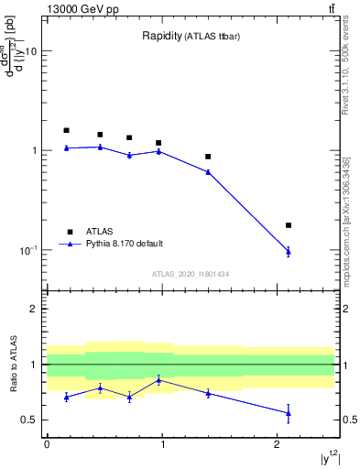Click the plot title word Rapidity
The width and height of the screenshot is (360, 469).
coord(161,37)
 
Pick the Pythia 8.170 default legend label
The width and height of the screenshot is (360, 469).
coord(124,244)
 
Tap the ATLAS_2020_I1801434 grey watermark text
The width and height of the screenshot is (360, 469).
coord(190,274)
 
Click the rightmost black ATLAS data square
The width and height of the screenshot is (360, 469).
coord(289,225)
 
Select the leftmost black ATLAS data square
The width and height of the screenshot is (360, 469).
coord(66,130)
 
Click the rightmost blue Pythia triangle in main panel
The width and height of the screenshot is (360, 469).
coord(289,251)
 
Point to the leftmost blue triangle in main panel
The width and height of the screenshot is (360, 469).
coord(66,147)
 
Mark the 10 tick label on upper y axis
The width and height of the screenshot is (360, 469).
coord(30,52)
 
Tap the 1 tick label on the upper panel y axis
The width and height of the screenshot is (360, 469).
coord(34,151)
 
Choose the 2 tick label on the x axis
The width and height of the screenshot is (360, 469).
coord(278,445)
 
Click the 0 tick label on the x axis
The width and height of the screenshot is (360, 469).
coord(47,445)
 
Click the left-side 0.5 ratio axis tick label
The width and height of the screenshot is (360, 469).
coord(29,420)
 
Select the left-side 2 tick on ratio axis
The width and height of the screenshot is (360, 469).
coord(34,310)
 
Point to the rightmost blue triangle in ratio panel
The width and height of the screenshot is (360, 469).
coord(289,413)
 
